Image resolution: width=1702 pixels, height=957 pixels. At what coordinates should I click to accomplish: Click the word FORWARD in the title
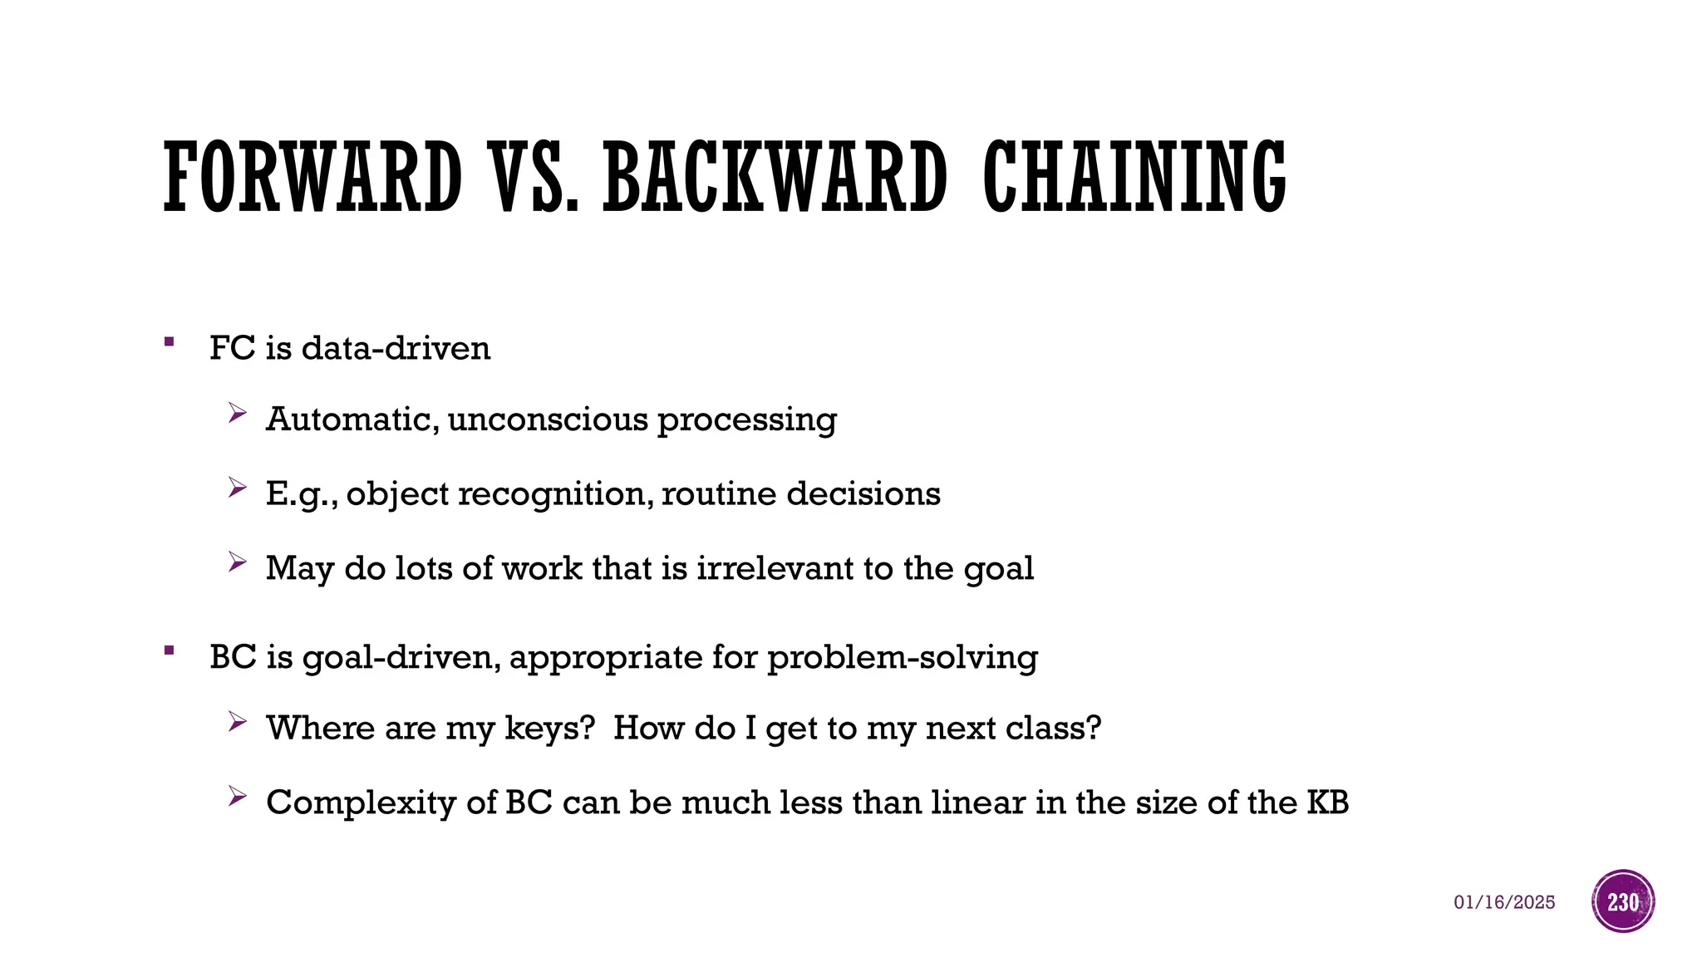pyautogui.click(x=312, y=177)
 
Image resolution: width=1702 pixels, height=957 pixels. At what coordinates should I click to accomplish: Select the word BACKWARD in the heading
pyautogui.click(x=775, y=177)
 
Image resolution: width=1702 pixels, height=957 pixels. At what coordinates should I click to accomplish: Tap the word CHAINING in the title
pyautogui.click(x=1134, y=177)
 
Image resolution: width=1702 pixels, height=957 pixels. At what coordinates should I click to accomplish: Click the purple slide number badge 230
pyautogui.click(x=1623, y=901)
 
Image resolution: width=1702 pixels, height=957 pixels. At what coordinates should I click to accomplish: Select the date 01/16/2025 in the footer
pyautogui.click(x=1504, y=902)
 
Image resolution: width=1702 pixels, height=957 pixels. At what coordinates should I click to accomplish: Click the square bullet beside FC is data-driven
pyautogui.click(x=170, y=341)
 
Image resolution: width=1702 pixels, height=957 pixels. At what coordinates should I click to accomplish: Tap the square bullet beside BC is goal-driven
pyautogui.click(x=170, y=650)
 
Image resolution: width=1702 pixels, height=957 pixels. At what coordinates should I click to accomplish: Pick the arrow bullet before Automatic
pyautogui.click(x=238, y=413)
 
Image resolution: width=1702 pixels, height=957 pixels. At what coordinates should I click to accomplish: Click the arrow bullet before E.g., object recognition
pyautogui.click(x=238, y=488)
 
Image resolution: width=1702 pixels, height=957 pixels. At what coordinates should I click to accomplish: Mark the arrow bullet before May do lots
pyautogui.click(x=238, y=562)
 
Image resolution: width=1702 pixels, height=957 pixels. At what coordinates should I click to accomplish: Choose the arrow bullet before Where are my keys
pyautogui.click(x=238, y=722)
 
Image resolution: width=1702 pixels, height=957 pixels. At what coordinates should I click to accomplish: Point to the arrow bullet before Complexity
pyautogui.click(x=238, y=797)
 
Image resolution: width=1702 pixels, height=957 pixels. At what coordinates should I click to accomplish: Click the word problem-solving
pyautogui.click(x=902, y=658)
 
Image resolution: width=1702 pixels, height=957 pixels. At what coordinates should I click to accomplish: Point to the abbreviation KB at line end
pyautogui.click(x=1327, y=802)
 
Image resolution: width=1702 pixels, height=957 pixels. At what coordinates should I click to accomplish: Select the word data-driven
pyautogui.click(x=396, y=348)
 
